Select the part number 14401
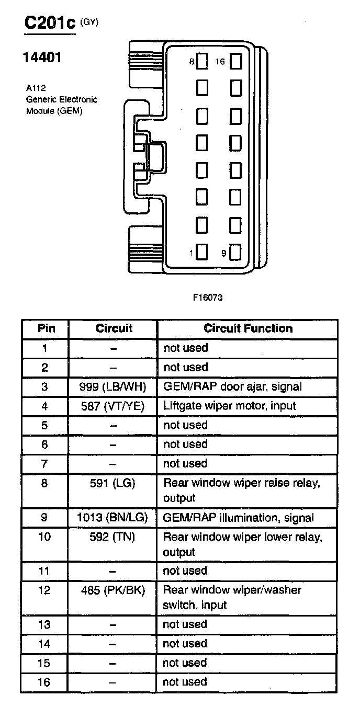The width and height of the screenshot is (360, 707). pos(42,58)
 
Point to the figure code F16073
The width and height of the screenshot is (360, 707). pos(208,298)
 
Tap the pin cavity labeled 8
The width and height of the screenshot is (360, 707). pos(203,62)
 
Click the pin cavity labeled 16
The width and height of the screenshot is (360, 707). pos(235,62)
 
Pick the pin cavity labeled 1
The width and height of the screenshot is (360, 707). pos(203,253)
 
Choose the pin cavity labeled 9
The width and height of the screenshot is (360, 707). pos(235,253)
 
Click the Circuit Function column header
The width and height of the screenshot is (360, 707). pos(248,328)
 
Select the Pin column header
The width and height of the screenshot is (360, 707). pos(46,328)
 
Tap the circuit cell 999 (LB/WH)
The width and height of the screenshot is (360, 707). pos(113,386)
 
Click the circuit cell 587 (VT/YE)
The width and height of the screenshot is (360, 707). pos(113,406)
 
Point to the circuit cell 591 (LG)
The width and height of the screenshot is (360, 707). pos(113,483)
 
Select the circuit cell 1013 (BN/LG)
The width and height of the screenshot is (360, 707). pos(113,518)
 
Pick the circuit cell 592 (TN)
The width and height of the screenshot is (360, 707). pos(113,537)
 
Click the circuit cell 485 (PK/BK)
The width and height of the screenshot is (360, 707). pos(113,590)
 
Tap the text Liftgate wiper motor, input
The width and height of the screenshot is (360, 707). pos(230,406)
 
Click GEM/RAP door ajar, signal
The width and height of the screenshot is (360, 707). pos(232,386)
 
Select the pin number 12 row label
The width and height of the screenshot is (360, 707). pos(45,590)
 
